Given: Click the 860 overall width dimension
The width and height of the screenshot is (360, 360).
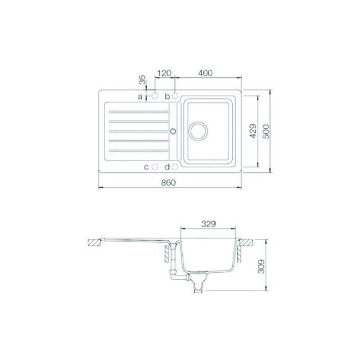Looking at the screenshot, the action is click(x=168, y=183).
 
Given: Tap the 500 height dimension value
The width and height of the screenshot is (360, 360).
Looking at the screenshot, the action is click(x=266, y=131).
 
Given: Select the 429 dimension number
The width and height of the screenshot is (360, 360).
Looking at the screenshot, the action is click(x=253, y=131).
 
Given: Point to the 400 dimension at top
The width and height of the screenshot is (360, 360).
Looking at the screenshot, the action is click(x=206, y=73).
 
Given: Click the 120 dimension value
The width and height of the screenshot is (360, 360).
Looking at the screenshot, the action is click(x=164, y=73).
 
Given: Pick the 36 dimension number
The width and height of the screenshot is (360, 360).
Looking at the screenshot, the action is click(x=143, y=79).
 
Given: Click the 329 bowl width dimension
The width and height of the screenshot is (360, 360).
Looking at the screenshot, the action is click(x=208, y=224).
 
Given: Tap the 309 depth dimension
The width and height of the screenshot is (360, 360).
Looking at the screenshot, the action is click(x=261, y=266).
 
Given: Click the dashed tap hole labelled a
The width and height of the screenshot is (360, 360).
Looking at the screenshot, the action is click(x=155, y=96).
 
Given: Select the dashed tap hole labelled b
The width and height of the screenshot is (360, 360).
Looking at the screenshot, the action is click(x=175, y=96).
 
